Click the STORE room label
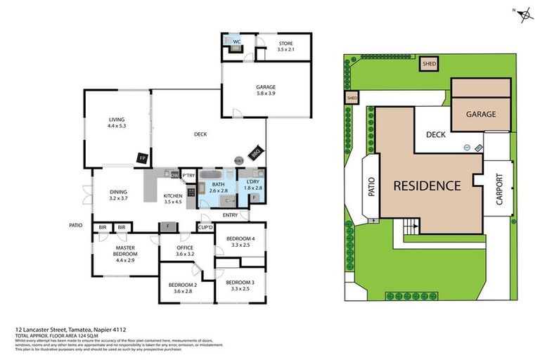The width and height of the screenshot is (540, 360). tap(285, 43)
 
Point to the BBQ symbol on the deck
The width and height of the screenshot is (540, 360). tap(256, 150)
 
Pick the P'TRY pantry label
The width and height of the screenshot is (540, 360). tap(188, 175)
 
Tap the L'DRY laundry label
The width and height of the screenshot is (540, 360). tap(252, 181)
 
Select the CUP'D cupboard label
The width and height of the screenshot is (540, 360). tap(205, 227)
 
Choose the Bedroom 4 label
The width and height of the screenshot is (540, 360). tap(240, 239)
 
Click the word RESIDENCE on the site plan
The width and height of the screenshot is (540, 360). tap(426, 186)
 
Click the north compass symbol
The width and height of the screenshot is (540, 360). tap(524, 15)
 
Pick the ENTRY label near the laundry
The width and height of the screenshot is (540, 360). tap(230, 214)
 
